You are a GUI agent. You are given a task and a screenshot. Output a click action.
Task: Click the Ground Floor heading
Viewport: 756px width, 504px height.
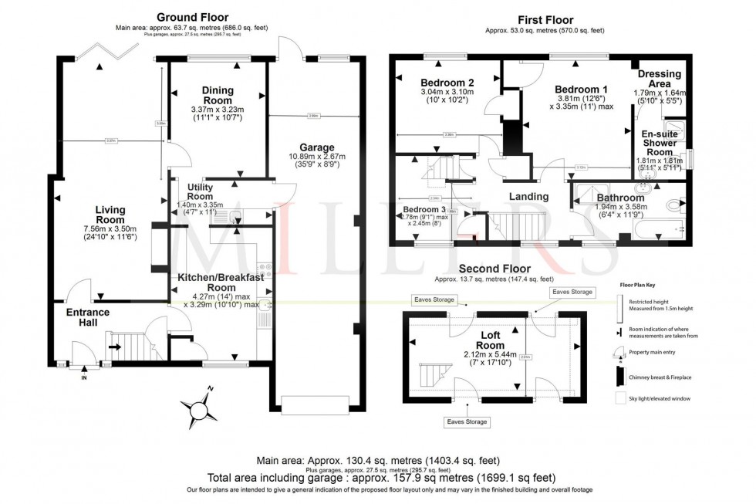193,17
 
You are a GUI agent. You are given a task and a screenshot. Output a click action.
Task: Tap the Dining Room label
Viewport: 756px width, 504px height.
218,96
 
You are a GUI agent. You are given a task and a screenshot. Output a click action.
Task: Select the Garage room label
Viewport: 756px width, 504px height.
317,147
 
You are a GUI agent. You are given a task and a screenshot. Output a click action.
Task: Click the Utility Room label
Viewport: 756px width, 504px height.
194,191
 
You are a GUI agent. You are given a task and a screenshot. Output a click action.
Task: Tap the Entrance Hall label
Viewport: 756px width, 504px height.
86,317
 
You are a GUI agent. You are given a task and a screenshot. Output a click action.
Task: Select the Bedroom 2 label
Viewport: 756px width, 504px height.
447,83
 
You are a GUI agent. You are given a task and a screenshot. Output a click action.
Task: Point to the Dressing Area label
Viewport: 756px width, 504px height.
659,79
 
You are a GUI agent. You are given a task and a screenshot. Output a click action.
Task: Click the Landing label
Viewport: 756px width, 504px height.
528,196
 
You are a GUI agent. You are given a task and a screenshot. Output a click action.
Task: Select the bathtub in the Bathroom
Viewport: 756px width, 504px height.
664,229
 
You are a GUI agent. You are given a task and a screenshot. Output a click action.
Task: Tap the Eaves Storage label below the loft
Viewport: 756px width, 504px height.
466,422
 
